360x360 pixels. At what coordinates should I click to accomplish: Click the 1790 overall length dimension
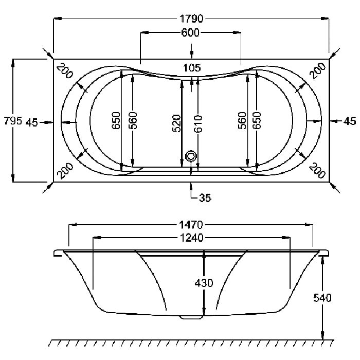pos(191,19)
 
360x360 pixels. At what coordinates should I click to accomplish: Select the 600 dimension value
pos(190,32)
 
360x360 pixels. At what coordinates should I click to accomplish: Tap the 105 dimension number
pos(192,68)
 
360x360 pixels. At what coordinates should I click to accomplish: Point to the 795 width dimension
pos(13,120)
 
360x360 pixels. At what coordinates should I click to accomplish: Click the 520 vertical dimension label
pos(176,123)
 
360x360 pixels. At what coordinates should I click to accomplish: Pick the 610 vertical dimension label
pos(198,124)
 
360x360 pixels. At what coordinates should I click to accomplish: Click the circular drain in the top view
pos(191,156)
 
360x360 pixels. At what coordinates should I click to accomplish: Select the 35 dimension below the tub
pos(205,197)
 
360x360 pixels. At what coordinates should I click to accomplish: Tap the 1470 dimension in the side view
pos(191,225)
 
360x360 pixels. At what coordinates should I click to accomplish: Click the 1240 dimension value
pos(191,238)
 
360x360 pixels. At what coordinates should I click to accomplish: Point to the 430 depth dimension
pos(204,283)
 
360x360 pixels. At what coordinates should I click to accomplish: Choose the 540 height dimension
pos(322,298)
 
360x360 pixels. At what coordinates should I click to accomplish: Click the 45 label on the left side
pos(32,122)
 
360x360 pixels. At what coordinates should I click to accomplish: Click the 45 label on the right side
pos(350,121)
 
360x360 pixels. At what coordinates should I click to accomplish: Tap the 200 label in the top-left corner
pos(65,71)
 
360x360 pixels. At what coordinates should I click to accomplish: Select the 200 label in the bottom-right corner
pos(317,171)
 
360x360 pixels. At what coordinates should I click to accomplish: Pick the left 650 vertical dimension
pos(116,120)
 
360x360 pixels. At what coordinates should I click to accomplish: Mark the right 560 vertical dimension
pos(242,120)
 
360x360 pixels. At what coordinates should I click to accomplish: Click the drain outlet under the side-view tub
pos(191,317)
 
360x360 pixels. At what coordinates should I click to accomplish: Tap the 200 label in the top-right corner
pos(317,70)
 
